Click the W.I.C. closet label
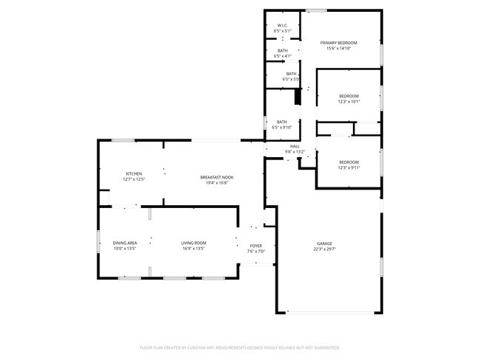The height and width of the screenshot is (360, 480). click(x=283, y=25)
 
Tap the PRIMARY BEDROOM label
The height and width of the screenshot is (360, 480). click(x=338, y=43)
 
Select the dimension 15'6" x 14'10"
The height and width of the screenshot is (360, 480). click(x=338, y=48)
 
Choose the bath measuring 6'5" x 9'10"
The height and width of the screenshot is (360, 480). click(x=282, y=127)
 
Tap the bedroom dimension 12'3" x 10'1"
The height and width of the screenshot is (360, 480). click(x=349, y=102)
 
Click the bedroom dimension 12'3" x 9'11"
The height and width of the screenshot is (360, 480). click(x=349, y=167)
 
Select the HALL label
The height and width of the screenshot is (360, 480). click(x=295, y=146)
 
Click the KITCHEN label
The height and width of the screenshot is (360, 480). click(x=133, y=173)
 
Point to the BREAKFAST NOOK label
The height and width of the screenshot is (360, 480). click(x=216, y=177)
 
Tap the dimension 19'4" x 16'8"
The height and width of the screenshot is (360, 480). click(x=216, y=182)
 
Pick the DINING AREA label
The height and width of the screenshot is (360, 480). click(x=125, y=243)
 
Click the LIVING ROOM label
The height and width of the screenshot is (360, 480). click(x=194, y=243)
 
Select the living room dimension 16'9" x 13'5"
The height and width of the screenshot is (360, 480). click(x=194, y=249)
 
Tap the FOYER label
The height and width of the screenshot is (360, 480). click(x=256, y=246)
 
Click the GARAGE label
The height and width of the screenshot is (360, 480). click(x=324, y=243)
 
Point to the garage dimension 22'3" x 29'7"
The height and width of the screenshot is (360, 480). click(x=324, y=249)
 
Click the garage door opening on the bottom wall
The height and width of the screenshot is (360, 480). click(x=330, y=313)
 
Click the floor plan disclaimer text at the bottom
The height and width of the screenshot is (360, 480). click(x=239, y=346)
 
